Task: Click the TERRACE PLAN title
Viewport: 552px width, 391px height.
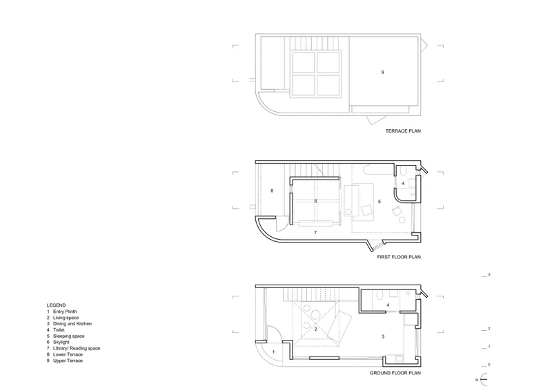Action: tap(403, 131)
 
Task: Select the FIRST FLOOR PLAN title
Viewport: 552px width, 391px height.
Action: tap(399, 258)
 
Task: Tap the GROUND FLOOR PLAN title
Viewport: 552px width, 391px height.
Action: tap(395, 373)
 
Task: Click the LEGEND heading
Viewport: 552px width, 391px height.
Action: tap(56, 305)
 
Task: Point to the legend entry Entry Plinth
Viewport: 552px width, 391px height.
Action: tap(65, 312)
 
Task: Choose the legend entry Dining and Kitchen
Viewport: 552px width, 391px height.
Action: tap(72, 324)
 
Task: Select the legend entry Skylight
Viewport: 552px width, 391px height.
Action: tap(61, 343)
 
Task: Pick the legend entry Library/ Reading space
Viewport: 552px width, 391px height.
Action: tap(77, 348)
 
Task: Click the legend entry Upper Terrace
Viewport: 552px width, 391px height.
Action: tap(68, 361)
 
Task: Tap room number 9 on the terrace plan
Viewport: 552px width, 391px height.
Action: tap(383, 73)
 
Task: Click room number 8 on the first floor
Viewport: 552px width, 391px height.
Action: tap(272, 191)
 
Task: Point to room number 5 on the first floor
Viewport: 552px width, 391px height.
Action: tap(379, 202)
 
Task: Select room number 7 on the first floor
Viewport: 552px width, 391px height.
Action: tap(315, 233)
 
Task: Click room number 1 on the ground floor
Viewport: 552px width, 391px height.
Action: tap(273, 352)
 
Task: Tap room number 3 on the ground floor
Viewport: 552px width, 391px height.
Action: tap(383, 336)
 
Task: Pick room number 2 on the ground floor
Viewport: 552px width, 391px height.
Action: tap(315, 330)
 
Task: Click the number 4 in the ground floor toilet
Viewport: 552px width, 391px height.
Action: tap(388, 305)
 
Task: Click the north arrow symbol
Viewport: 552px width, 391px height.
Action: tap(485, 379)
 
